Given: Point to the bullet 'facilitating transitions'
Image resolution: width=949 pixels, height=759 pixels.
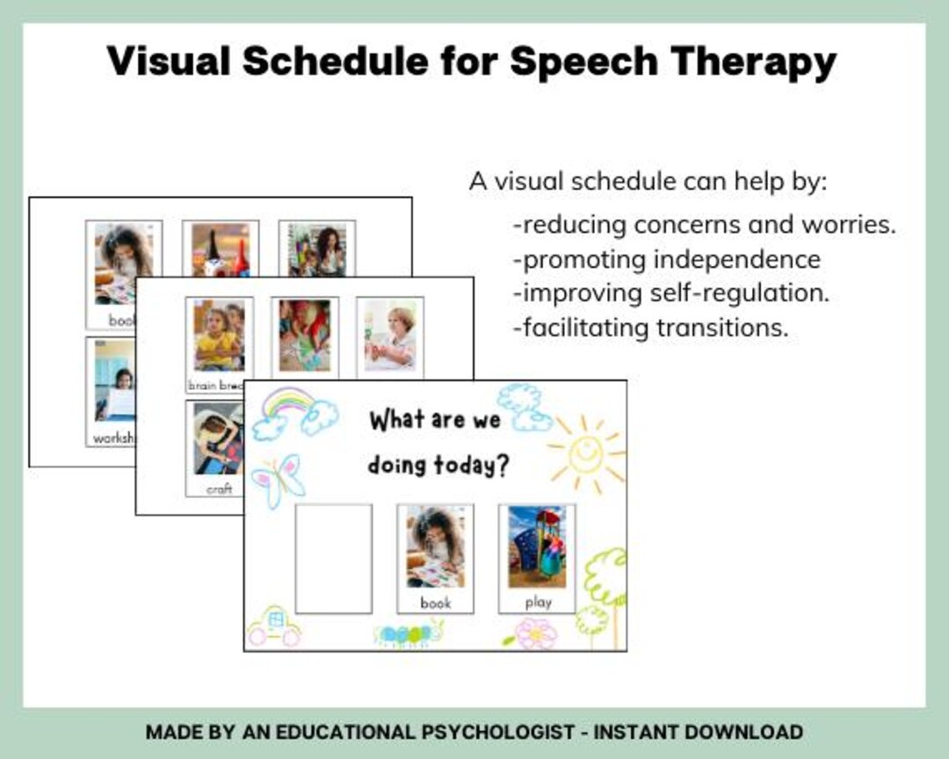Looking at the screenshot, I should (x=650, y=328).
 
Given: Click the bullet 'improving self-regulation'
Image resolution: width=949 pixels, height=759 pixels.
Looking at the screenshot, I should (x=670, y=293).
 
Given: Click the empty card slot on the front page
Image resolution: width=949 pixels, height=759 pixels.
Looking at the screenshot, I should (x=333, y=559).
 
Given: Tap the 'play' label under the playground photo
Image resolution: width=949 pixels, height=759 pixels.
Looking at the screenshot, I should (x=538, y=603).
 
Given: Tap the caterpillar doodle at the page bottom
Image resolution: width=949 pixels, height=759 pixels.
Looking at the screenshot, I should (x=409, y=633).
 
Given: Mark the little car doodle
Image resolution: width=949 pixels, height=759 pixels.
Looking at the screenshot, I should (x=273, y=625).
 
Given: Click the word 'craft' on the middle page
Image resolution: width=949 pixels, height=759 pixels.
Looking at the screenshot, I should (x=219, y=489).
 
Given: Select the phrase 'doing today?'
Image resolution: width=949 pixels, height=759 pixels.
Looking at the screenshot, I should (x=438, y=465).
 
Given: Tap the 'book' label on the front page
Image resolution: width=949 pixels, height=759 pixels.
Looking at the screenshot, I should (x=436, y=603).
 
